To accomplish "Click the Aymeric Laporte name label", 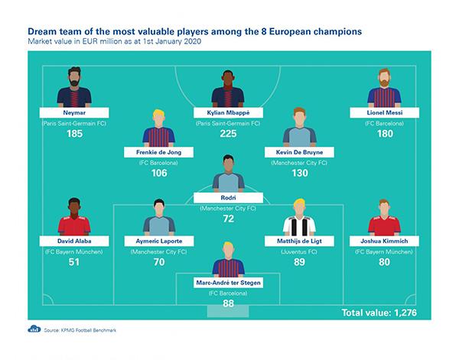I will (158, 241).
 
